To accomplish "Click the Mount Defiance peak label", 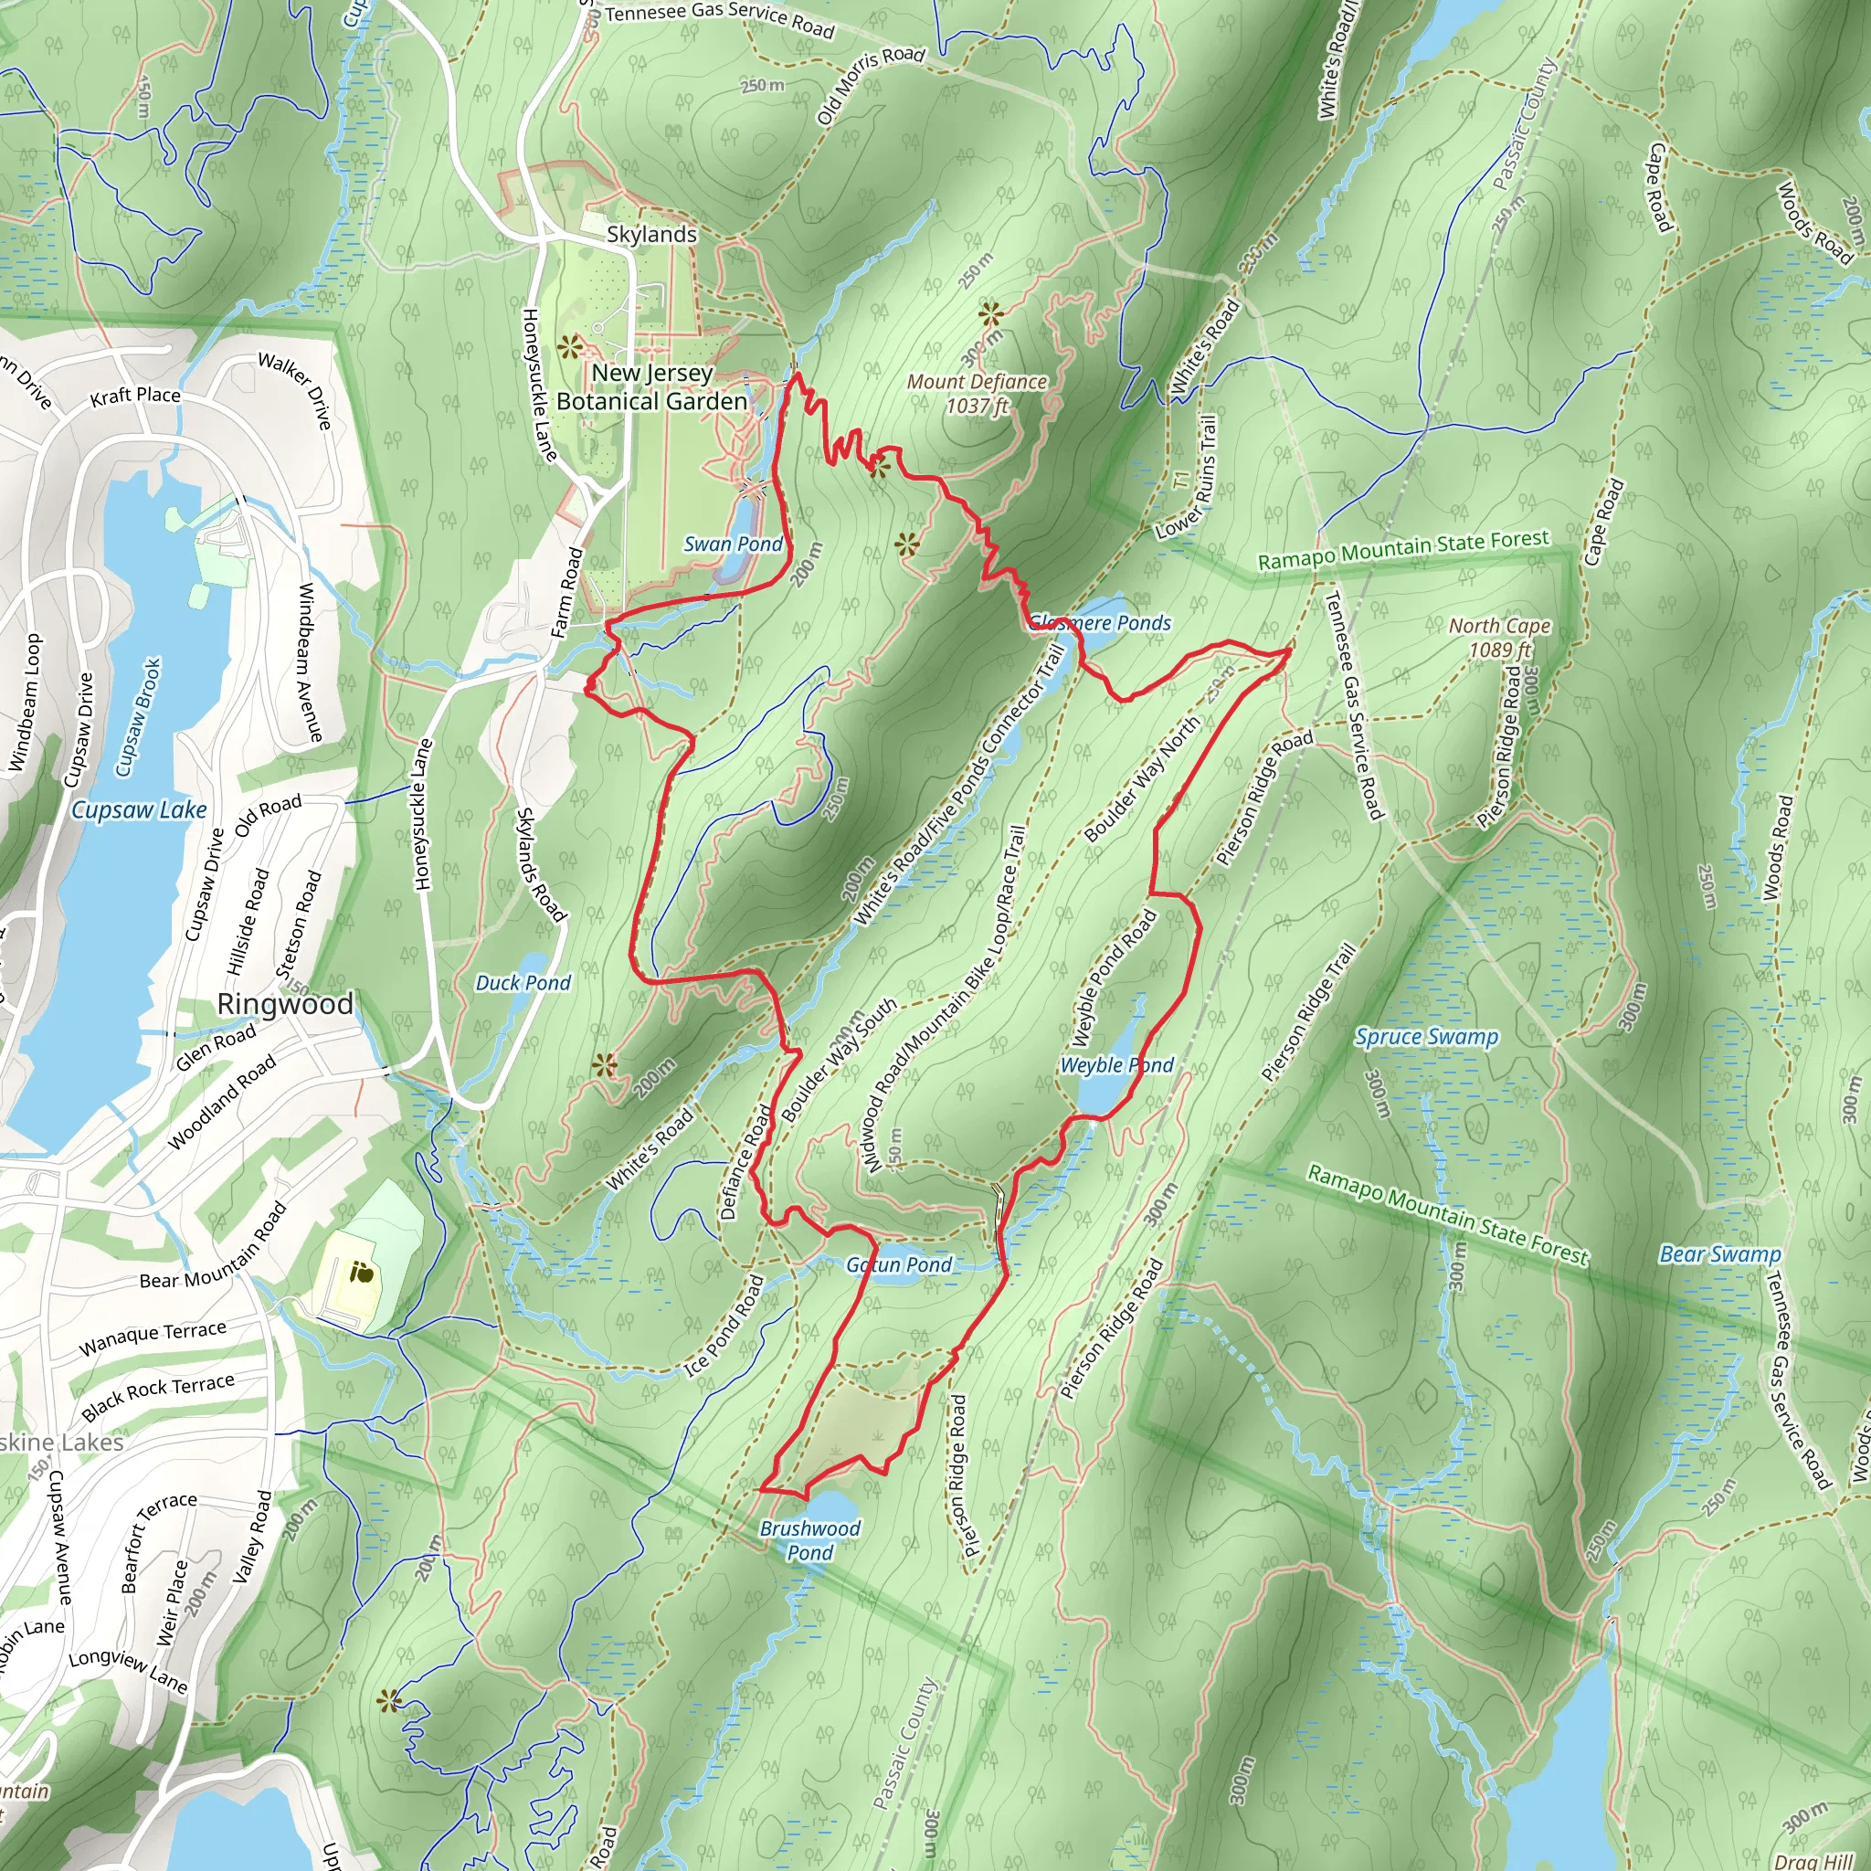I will point(977,393).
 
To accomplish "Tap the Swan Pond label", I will point(732,544).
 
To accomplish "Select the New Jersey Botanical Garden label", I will point(651,387).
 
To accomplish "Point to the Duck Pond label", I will point(523,983).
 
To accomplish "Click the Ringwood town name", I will point(285,1004).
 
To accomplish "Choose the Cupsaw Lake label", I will point(139,809).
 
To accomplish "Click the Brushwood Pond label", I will point(809,1539).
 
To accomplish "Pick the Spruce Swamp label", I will point(1426,1037).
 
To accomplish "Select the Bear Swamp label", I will point(1720,1255).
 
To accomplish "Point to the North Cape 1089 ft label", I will point(1499,638).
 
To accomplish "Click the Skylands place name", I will point(650,235).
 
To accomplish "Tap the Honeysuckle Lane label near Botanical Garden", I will point(538,385).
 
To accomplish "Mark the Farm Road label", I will point(567,593).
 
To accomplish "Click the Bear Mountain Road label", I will point(214,1245).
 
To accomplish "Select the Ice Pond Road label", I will point(724,1325).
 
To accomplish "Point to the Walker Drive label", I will point(296,389).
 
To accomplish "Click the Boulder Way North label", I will point(1143,778).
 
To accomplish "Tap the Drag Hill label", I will point(1813,1860).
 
